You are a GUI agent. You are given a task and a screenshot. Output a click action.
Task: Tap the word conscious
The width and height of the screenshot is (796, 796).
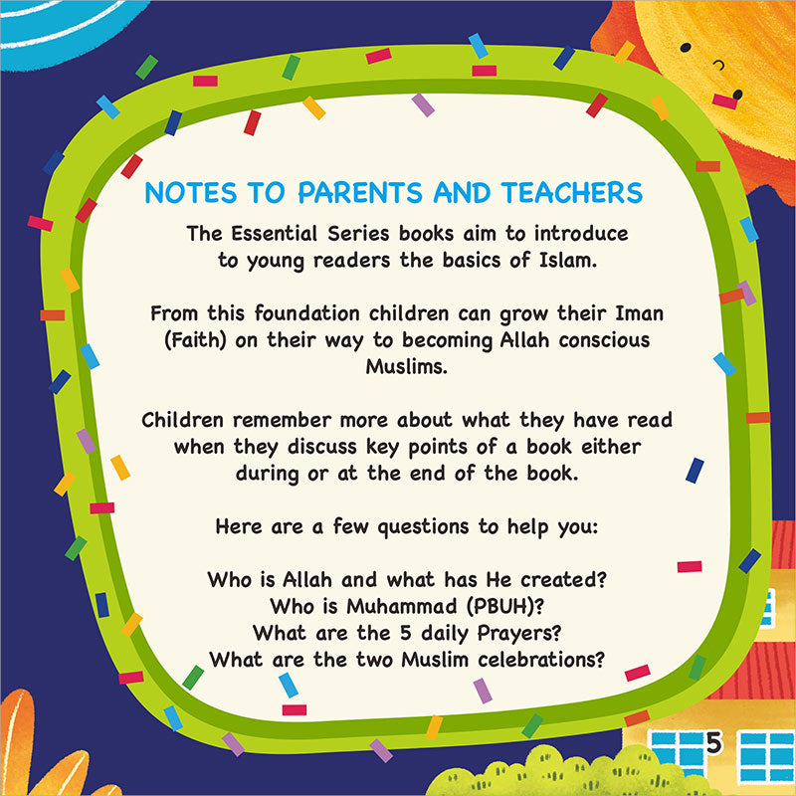(x=590, y=340)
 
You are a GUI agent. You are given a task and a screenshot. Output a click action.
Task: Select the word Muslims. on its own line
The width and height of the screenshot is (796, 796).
(x=398, y=367)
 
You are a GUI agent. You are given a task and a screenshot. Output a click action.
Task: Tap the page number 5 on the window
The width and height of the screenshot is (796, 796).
(x=713, y=741)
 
